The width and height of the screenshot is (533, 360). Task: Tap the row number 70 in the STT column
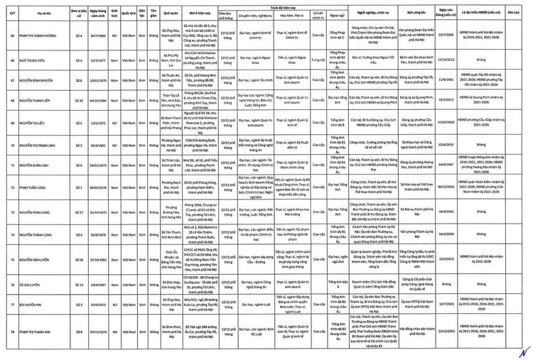tap(13, 146)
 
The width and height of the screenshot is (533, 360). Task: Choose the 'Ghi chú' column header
tap(512, 12)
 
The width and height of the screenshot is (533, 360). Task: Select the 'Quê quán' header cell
tap(171, 12)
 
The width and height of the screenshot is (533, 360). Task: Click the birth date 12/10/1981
tap(98, 259)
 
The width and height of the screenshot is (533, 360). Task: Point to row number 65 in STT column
tap(13, 34)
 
